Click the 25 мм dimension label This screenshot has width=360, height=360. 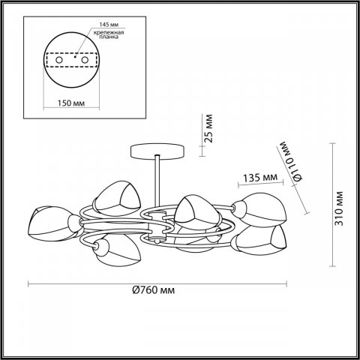209,128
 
